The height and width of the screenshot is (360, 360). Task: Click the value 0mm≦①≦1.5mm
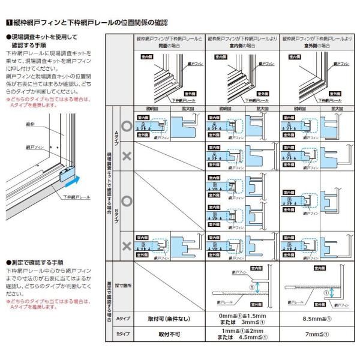click(243, 314)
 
